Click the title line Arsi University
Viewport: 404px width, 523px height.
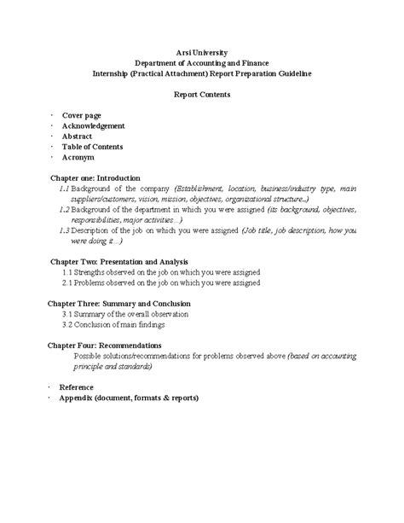pos(201,53)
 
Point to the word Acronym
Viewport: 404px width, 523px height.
pos(78,158)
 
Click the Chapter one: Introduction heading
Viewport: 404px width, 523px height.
pos(95,177)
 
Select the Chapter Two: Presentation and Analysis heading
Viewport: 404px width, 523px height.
pos(119,261)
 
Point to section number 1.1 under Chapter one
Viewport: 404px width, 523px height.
pos(65,188)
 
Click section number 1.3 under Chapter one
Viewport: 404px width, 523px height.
pos(65,230)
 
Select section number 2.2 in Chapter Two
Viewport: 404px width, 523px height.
pos(66,282)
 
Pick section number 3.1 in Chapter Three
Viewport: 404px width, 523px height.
pos(66,313)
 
